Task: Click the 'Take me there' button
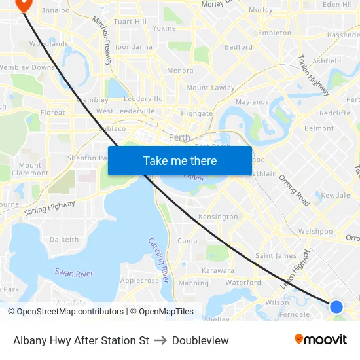point(180,161)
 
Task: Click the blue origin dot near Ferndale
point(336,306)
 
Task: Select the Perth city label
point(179,138)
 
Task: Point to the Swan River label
point(74,273)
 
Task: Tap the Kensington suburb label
point(218,217)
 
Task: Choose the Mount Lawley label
point(210,88)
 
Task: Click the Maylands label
point(252,102)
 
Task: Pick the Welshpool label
point(316,232)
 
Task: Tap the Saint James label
point(276,256)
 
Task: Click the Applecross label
point(139,281)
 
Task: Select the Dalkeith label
point(64,240)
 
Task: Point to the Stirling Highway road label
point(50,208)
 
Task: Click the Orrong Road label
point(294,190)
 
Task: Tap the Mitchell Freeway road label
point(103,41)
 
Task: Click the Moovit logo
point(321,340)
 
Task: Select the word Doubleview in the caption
point(200,340)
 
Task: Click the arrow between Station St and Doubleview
point(160,340)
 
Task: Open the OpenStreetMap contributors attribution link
point(70,312)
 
